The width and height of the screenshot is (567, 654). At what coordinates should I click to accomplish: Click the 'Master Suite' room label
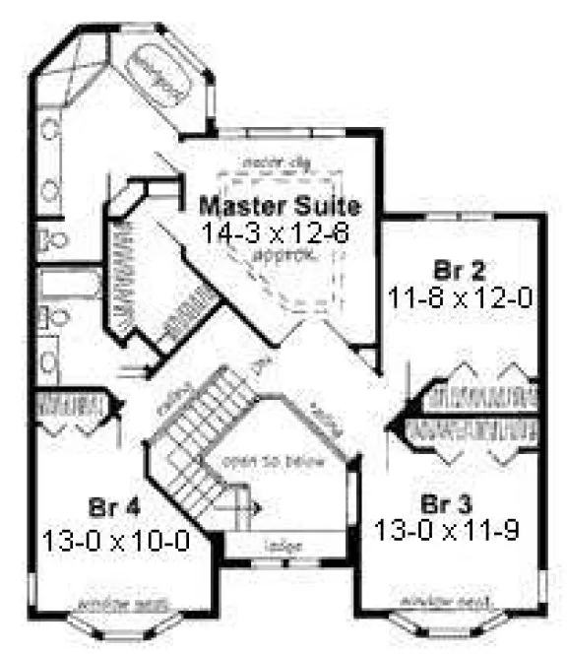(x=281, y=207)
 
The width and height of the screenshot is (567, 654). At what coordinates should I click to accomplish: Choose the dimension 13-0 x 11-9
(x=447, y=529)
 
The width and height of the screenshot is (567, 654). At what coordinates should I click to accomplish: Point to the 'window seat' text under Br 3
(x=433, y=599)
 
